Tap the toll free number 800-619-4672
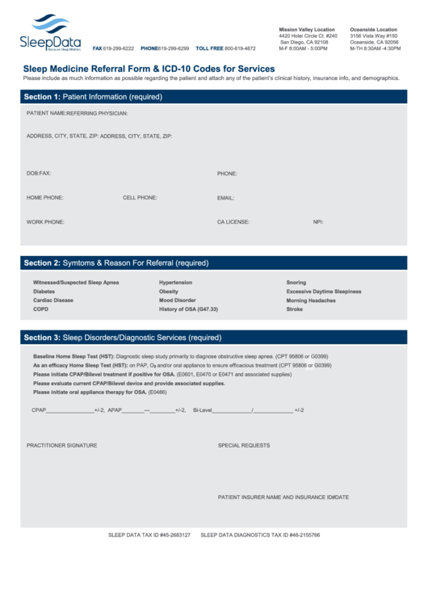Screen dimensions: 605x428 tap(241, 48)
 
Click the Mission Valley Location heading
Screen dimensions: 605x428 tap(307, 29)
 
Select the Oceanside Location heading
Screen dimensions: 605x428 tap(373, 29)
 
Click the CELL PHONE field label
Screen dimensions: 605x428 tap(140, 197)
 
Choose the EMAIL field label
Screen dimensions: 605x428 tap(225, 197)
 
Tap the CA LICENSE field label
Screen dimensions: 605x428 tap(233, 221)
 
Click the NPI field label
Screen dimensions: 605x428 tap(318, 221)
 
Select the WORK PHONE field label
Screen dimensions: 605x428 tap(45, 221)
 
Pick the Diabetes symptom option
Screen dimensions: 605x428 tap(44, 291)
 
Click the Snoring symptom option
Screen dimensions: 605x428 tap(296, 282)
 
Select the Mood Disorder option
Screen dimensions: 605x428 tap(177, 300)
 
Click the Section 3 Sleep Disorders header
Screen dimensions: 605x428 tap(122, 337)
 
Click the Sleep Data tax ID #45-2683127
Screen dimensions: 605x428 tap(149, 535)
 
